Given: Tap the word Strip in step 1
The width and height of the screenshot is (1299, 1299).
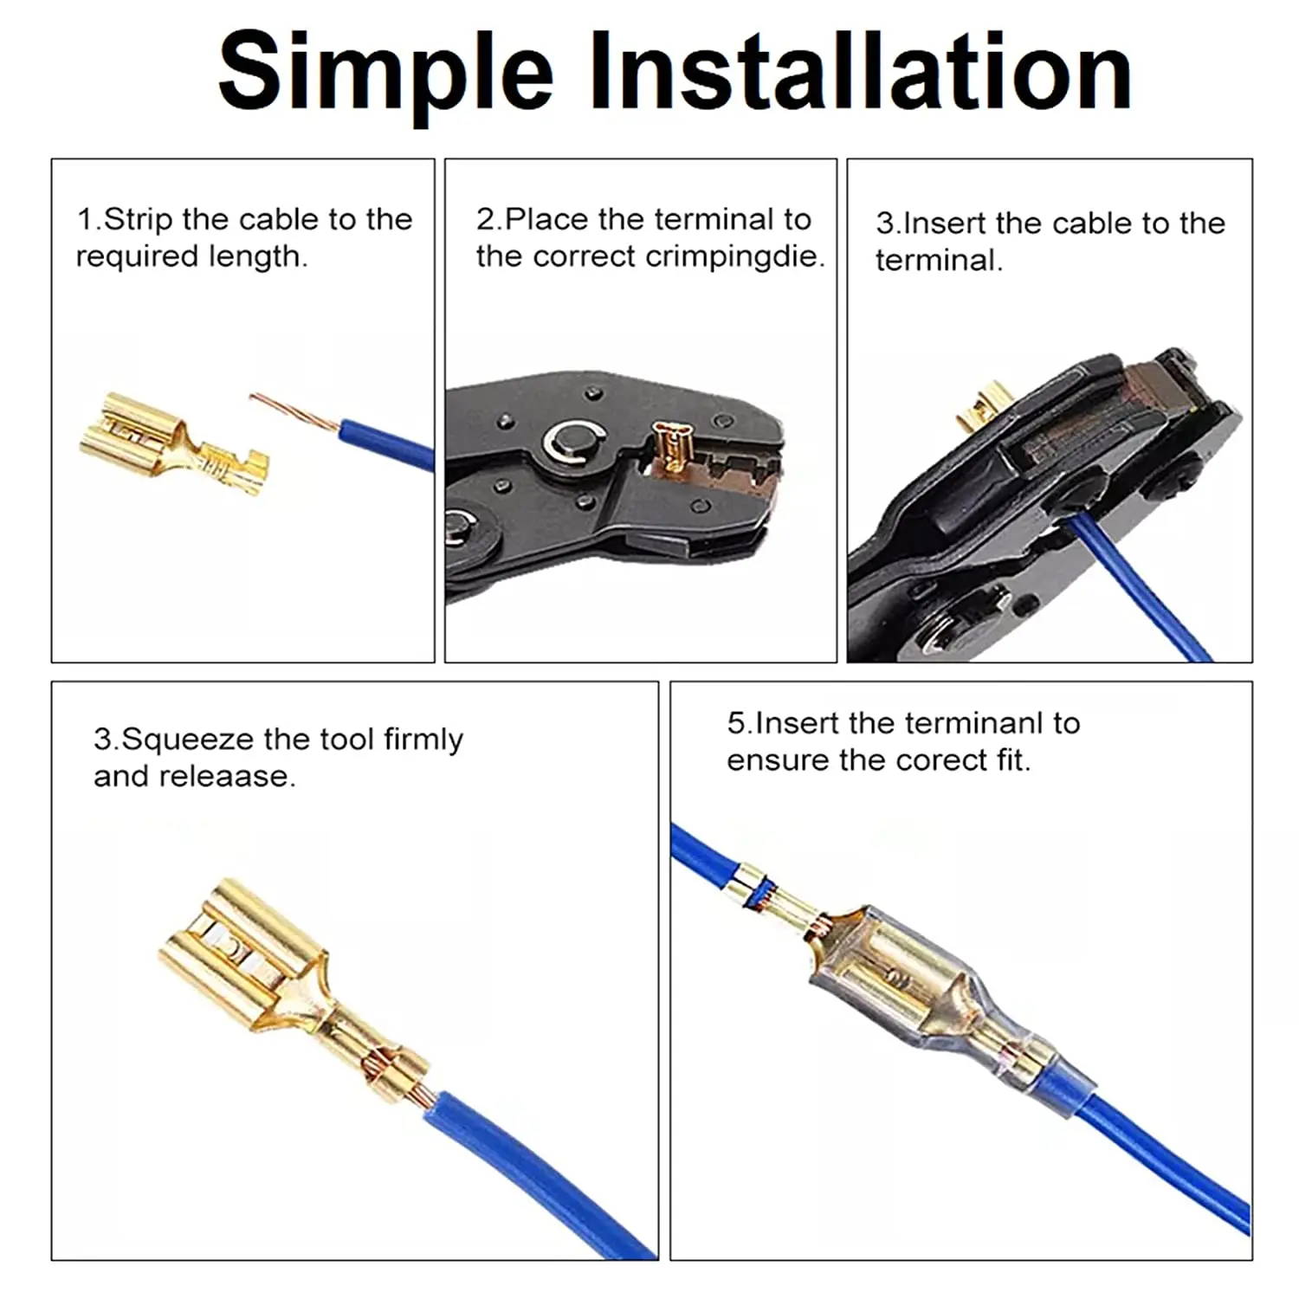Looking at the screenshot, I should (139, 220).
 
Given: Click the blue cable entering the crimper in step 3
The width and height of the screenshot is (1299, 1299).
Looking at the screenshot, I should (1134, 589).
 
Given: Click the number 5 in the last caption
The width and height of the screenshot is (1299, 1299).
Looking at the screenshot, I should (736, 723).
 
